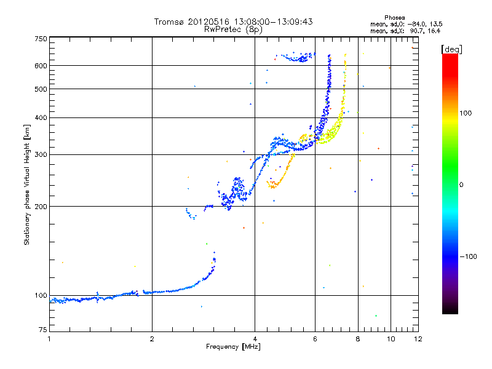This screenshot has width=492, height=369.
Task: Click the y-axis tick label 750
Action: tap(41, 39)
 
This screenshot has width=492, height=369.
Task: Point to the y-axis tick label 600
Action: tap(41, 65)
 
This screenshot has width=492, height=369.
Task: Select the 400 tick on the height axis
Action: tap(41, 117)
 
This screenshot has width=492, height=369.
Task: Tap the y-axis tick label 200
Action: tap(41, 206)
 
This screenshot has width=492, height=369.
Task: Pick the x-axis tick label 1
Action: tap(49, 339)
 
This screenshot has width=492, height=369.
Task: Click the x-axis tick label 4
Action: tap(255, 339)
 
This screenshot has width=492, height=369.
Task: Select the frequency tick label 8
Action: tap(357, 339)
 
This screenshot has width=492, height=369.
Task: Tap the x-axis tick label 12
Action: tap(418, 339)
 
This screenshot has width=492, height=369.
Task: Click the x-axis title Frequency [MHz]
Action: tap(234, 347)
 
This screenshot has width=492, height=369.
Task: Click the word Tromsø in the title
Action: tap(169, 22)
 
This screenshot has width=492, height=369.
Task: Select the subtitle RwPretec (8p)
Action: tap(234, 29)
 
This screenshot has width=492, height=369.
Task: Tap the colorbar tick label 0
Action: tap(463, 184)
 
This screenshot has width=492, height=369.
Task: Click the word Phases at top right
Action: tap(394, 17)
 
